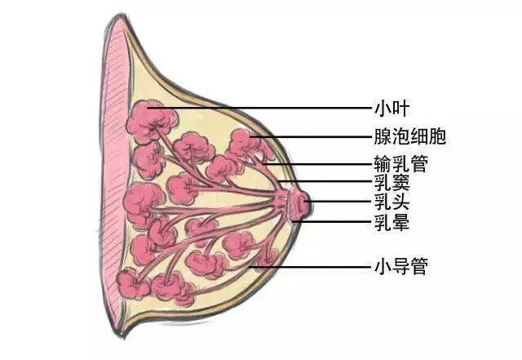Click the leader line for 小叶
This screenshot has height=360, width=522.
269,107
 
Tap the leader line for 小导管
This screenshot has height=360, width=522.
310,266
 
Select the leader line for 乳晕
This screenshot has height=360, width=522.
334,220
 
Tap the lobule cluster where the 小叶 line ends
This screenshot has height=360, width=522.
151,118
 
